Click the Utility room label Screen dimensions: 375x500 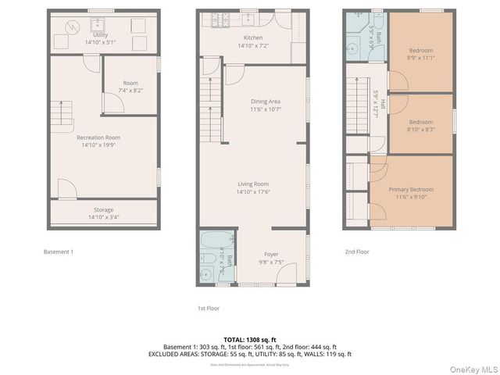click(x=100, y=35)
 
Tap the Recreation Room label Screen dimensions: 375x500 click(x=98, y=137)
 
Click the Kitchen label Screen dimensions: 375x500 click(x=253, y=37)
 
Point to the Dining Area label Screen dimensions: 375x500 click(x=265, y=102)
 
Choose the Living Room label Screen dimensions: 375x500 click(x=253, y=184)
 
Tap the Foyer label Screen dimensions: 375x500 click(x=271, y=254)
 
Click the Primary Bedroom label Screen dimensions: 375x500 click(x=411, y=189)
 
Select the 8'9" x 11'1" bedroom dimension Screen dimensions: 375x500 click(x=420, y=58)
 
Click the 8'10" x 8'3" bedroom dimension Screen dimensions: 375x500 click(x=420, y=130)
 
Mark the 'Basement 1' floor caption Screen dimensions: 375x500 click(x=59, y=252)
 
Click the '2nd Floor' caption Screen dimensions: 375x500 click(x=357, y=252)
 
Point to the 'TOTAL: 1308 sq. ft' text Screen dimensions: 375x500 click(x=249, y=339)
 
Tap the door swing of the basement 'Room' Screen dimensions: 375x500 click(x=111, y=101)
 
